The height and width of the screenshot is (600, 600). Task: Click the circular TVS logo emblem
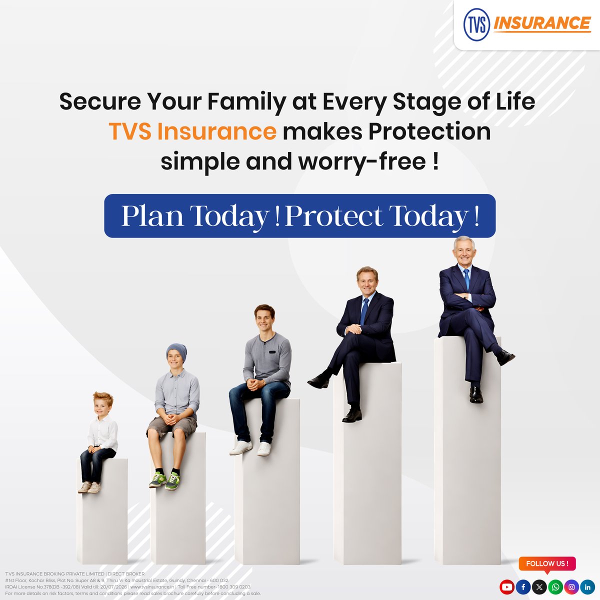[x=476, y=25]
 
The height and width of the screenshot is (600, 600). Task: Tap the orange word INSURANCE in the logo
[x=542, y=23]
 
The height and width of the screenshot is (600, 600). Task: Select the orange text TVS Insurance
[x=192, y=131]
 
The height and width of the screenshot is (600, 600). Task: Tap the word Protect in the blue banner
[x=334, y=216]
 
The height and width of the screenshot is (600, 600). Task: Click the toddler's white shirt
[x=103, y=432]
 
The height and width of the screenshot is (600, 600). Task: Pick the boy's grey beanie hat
[x=177, y=351]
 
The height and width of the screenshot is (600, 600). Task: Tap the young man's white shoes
[x=250, y=447]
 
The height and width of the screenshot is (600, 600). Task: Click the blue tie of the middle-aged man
[x=364, y=311]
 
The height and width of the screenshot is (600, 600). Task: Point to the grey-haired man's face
[x=464, y=253]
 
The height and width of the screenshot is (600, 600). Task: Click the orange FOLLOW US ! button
[x=547, y=563]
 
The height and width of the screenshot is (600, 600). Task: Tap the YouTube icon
[x=506, y=587]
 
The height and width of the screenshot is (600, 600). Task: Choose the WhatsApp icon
[x=555, y=587]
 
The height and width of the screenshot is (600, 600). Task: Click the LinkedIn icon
[x=587, y=587]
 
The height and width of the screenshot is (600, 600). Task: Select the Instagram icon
[x=571, y=587]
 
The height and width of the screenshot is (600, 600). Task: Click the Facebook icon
[x=523, y=587]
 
